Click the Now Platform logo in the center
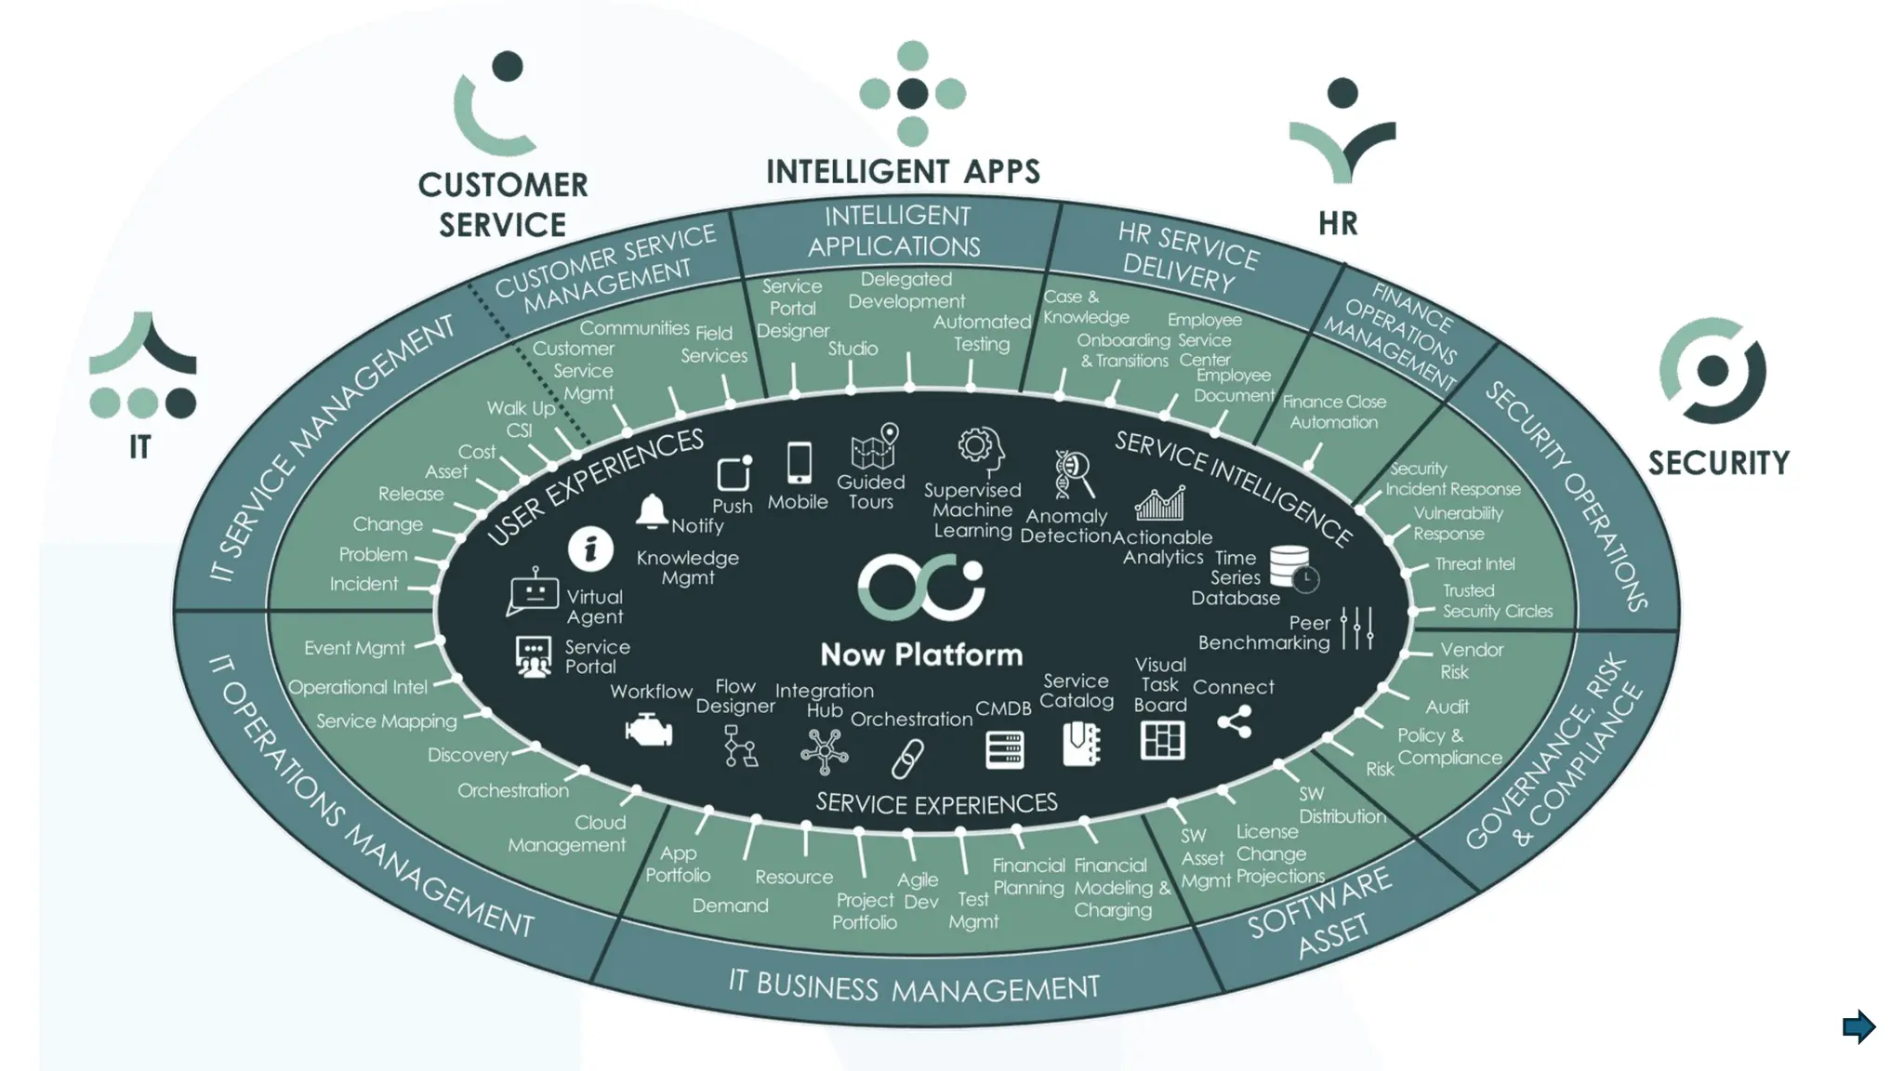pyautogui.click(x=920, y=588)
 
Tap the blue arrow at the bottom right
pyautogui.click(x=1858, y=1026)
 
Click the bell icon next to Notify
pyautogui.click(x=652, y=511)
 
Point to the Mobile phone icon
pyautogui.click(x=799, y=462)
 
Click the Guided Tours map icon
pyautogui.click(x=874, y=447)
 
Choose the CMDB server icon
pyautogui.click(x=1004, y=749)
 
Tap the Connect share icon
pyautogui.click(x=1235, y=721)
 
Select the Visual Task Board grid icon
pyautogui.click(x=1162, y=741)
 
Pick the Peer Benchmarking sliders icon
pyautogui.click(x=1356, y=628)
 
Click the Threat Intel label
pyautogui.click(x=1474, y=563)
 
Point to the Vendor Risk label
pyautogui.click(x=1470, y=660)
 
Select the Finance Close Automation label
pyautogui.click(x=1333, y=412)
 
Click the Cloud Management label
pyautogui.click(x=567, y=834)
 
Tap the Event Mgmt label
pyautogui.click(x=354, y=648)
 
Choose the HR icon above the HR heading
pyautogui.click(x=1342, y=130)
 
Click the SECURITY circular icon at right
pyautogui.click(x=1712, y=371)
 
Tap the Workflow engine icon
pyautogui.click(x=649, y=731)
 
